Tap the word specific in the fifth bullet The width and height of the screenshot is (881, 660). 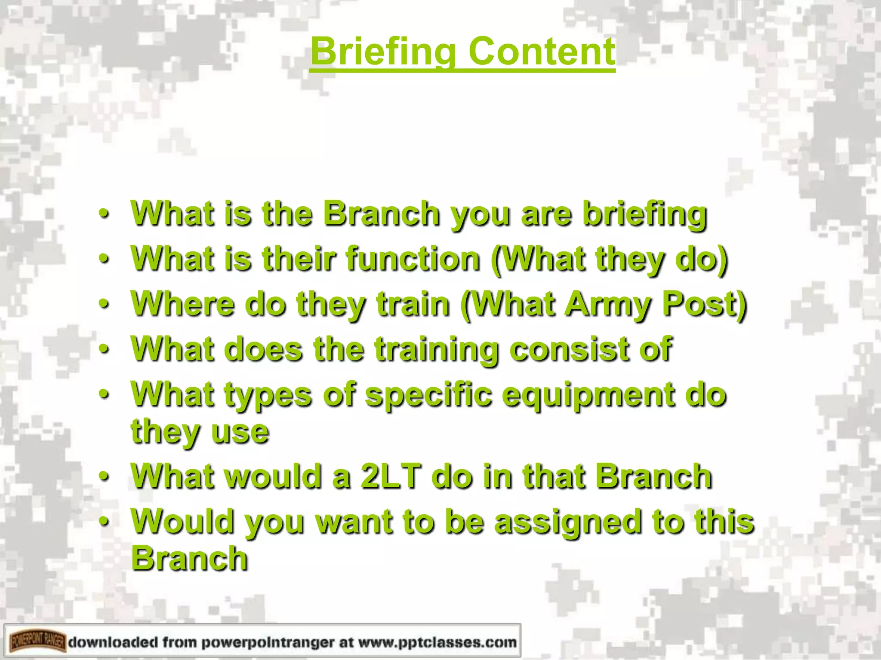coord(428,395)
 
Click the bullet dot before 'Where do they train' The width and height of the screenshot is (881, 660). coord(103,304)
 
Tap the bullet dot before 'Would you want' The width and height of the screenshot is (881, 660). coord(103,522)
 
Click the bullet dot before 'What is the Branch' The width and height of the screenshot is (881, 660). coord(103,214)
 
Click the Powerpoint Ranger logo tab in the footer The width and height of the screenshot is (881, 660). coord(38,642)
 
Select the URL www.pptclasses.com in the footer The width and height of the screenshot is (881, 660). coord(437,642)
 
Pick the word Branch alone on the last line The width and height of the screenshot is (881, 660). coord(189,559)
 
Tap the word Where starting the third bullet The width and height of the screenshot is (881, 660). coord(183,304)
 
